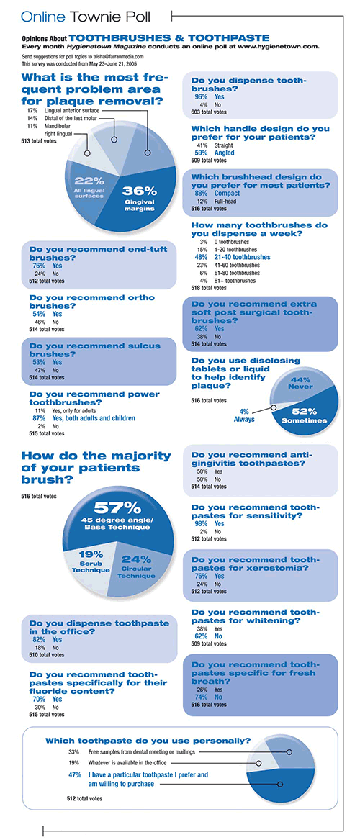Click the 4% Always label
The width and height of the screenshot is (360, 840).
click(244, 416)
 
